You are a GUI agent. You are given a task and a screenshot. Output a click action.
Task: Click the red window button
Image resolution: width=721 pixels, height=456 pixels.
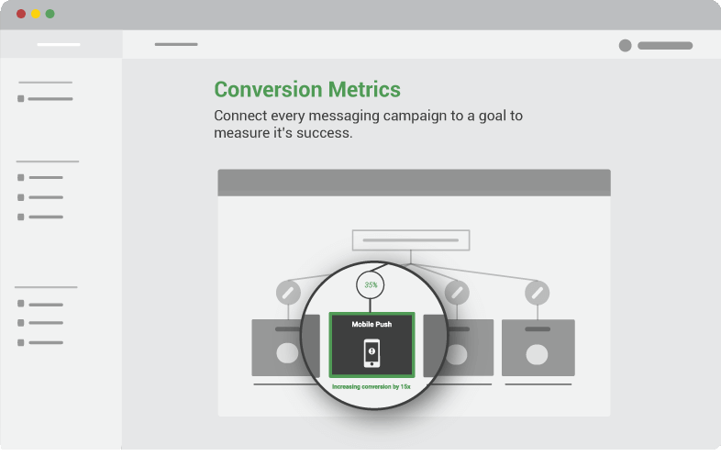click(x=21, y=14)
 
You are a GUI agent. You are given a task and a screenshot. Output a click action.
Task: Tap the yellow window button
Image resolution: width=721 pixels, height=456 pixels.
click(x=36, y=14)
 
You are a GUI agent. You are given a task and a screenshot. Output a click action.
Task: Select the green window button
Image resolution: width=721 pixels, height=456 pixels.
click(x=50, y=14)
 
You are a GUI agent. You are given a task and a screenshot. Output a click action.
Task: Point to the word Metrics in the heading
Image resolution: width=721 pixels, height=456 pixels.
click(x=364, y=89)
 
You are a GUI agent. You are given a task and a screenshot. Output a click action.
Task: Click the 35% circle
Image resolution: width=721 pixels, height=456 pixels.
click(x=371, y=284)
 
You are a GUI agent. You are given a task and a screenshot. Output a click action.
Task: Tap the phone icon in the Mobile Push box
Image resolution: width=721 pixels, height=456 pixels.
click(x=372, y=353)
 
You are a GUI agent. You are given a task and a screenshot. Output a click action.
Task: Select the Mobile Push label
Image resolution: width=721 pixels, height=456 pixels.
click(x=372, y=325)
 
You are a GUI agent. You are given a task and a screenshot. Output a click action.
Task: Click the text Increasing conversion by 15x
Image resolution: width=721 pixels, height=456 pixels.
click(x=372, y=386)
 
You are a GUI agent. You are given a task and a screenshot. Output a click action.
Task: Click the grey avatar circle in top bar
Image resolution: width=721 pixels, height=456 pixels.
click(x=625, y=46)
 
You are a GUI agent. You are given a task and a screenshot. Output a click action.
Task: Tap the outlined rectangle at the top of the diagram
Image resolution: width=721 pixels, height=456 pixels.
click(x=411, y=240)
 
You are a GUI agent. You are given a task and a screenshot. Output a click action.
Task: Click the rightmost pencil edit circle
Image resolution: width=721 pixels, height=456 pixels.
click(x=537, y=293)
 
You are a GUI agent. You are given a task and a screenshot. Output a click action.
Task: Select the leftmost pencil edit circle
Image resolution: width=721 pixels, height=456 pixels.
click(x=288, y=293)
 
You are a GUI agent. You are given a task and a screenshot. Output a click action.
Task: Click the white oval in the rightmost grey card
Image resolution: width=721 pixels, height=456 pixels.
click(x=537, y=355)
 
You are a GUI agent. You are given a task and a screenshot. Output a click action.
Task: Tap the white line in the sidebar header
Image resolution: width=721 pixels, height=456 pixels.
click(x=59, y=45)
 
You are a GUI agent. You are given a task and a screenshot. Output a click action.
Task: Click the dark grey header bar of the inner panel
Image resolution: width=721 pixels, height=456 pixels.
click(x=415, y=183)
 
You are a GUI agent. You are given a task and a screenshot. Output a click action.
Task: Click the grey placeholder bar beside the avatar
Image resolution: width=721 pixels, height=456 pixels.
click(x=665, y=46)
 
